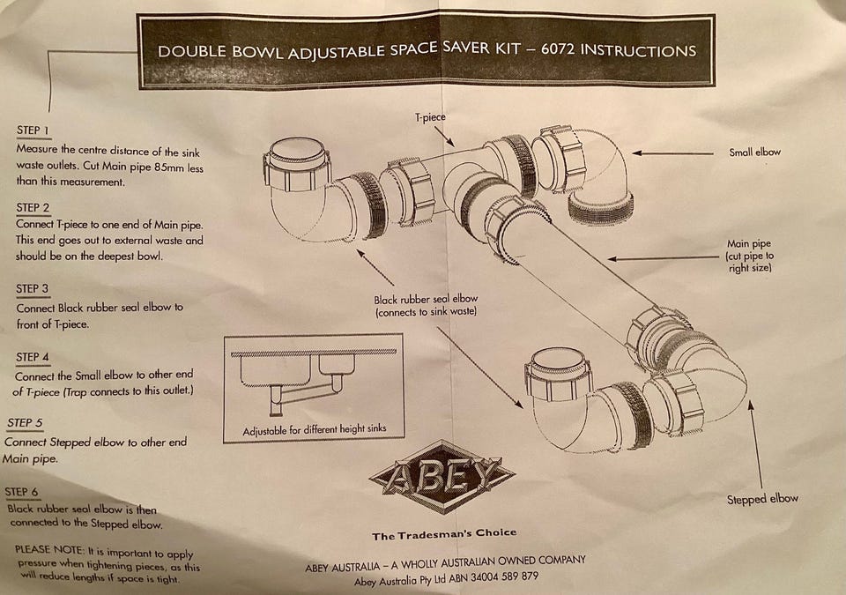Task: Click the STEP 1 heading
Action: click(x=33, y=130)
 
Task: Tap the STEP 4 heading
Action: click(x=33, y=357)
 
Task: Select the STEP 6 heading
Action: click(x=21, y=491)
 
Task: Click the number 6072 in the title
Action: click(x=558, y=49)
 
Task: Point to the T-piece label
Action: click(x=430, y=117)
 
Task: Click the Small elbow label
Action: click(x=755, y=152)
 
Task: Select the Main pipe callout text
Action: click(x=749, y=256)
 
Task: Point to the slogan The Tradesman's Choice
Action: click(x=444, y=534)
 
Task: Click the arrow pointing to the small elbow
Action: click(x=672, y=153)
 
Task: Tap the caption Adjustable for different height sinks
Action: click(x=315, y=430)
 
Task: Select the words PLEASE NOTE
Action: click(x=49, y=550)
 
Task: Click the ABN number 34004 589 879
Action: click(x=504, y=576)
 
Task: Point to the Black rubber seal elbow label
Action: click(x=426, y=305)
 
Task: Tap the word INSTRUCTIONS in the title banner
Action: click(x=638, y=51)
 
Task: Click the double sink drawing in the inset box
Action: click(x=312, y=379)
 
